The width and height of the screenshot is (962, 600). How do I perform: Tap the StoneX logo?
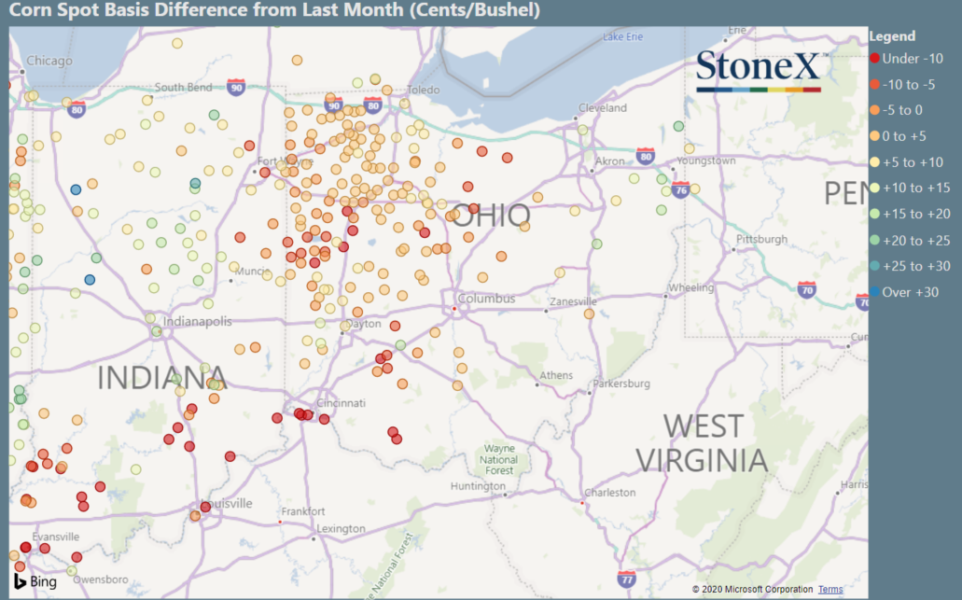point(758,67)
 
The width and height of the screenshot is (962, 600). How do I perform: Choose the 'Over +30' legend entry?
point(910,292)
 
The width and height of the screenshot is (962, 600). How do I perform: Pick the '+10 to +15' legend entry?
point(915,188)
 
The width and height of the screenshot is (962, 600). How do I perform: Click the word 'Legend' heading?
point(892,36)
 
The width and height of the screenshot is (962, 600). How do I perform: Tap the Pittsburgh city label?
point(761,239)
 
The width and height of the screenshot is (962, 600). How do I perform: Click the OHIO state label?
point(493,216)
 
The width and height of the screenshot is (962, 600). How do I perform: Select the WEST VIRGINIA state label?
point(702,443)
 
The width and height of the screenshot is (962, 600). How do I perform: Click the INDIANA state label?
point(162,378)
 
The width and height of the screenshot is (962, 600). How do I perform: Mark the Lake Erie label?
point(622,36)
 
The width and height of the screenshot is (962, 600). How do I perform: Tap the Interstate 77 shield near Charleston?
point(627,579)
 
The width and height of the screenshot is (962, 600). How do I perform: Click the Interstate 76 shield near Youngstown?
point(680,190)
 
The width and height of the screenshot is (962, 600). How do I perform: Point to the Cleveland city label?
point(603,108)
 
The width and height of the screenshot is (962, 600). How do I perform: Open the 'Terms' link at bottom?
point(830,590)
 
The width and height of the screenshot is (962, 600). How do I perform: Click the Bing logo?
point(35,580)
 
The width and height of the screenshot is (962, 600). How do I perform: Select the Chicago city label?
point(49,61)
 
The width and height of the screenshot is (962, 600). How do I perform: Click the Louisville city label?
point(228,503)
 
